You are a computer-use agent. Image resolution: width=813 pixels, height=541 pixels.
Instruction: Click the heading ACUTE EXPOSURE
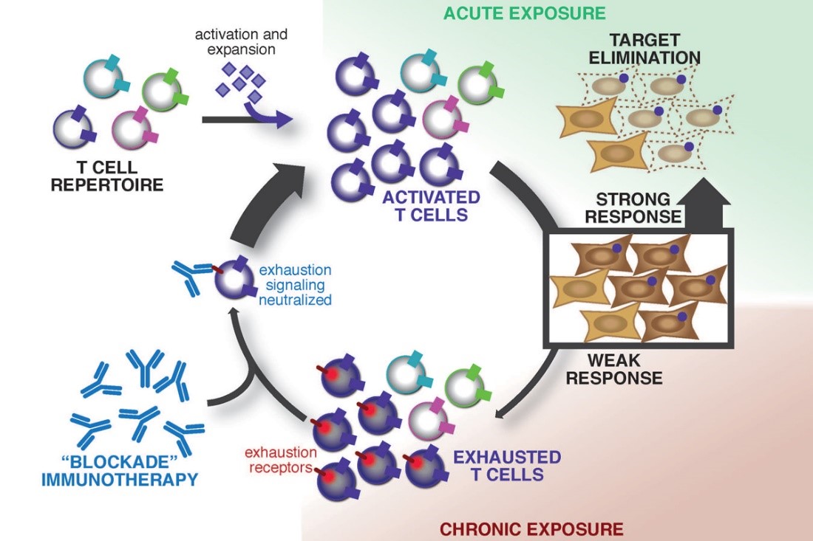click(x=524, y=13)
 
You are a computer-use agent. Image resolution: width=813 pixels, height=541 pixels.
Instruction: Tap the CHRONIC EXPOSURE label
click(x=531, y=528)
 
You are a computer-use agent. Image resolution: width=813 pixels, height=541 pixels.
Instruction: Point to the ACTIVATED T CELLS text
click(x=431, y=207)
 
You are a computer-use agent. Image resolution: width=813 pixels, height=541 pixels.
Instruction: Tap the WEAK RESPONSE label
click(x=625, y=369)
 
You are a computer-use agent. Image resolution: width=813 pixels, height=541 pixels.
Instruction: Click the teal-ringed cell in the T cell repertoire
click(x=103, y=76)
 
